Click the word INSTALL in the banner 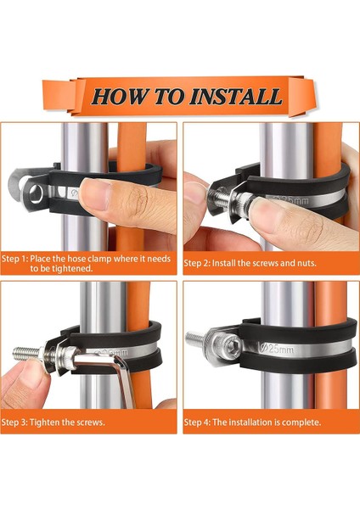click(235, 97)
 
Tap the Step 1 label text click(86, 264)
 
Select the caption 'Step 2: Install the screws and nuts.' click(250, 263)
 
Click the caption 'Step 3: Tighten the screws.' click(53, 422)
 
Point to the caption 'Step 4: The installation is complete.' click(252, 422)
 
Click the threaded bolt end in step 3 click(27, 352)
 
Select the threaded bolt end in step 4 click(195, 338)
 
